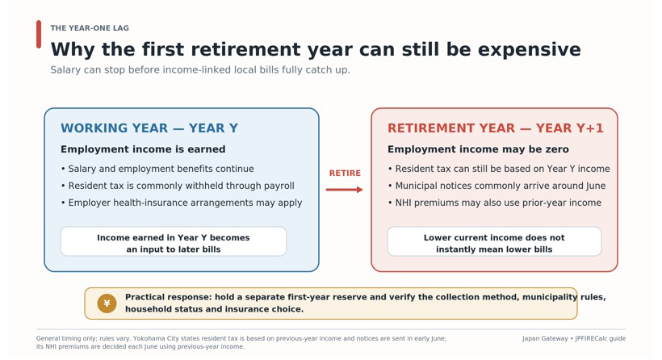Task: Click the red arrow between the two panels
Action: pyautogui.click(x=344, y=190)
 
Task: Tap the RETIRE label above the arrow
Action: pyautogui.click(x=345, y=173)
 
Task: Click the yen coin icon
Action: pyautogui.click(x=107, y=303)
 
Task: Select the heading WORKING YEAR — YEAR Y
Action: pyautogui.click(x=149, y=128)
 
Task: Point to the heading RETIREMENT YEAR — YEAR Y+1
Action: pyautogui.click(x=496, y=128)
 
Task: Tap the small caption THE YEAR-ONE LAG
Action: pyautogui.click(x=90, y=28)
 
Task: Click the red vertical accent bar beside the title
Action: pyautogui.click(x=39, y=34)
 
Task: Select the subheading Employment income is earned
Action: pyautogui.click(x=143, y=149)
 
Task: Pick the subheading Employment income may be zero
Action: pyautogui.click(x=479, y=149)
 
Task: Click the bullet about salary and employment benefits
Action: pyautogui.click(x=157, y=169)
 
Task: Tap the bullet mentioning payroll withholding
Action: pyautogui.click(x=178, y=186)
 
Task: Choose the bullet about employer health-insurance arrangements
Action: pyautogui.click(x=182, y=203)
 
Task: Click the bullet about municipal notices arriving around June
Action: pyautogui.click(x=497, y=186)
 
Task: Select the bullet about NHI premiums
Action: pyautogui.click(x=494, y=203)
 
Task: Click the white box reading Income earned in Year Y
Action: pyautogui.click(x=174, y=241)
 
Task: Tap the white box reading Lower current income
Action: pyautogui.click(x=494, y=241)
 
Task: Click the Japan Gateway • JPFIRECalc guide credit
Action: pyautogui.click(x=574, y=338)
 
